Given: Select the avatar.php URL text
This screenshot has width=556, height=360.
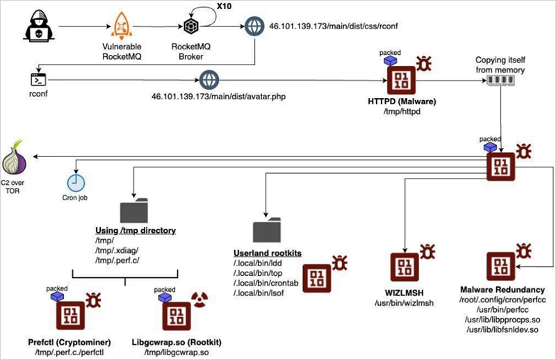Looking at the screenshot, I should click(x=288, y=95).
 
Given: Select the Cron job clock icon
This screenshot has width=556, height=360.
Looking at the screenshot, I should click(x=76, y=183).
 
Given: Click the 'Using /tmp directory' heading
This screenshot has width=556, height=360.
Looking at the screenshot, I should click(x=135, y=229).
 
